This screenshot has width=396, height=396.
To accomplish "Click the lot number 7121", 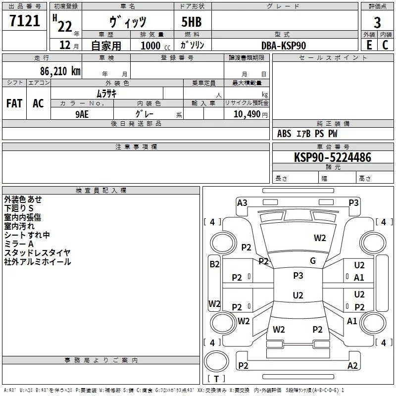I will point(25,22).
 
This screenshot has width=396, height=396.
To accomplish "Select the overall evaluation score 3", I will point(377,22).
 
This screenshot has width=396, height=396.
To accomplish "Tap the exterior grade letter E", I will point(369,45).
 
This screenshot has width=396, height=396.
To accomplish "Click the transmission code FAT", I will point(14,103).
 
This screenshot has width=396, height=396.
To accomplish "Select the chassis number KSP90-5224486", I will point(325,157).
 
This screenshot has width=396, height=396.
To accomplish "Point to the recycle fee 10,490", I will point(244,114).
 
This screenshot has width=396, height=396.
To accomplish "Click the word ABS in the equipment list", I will point(284,134).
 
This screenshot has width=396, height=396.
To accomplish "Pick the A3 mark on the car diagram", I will point(242,202).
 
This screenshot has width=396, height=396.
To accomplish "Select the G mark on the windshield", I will point(313,261).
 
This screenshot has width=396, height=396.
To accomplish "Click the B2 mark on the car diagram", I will point(214,264).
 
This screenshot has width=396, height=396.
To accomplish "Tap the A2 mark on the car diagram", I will point(352,365).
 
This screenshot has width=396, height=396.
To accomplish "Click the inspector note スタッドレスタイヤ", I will point(37,253).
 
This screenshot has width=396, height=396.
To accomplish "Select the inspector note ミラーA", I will point(19,244).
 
